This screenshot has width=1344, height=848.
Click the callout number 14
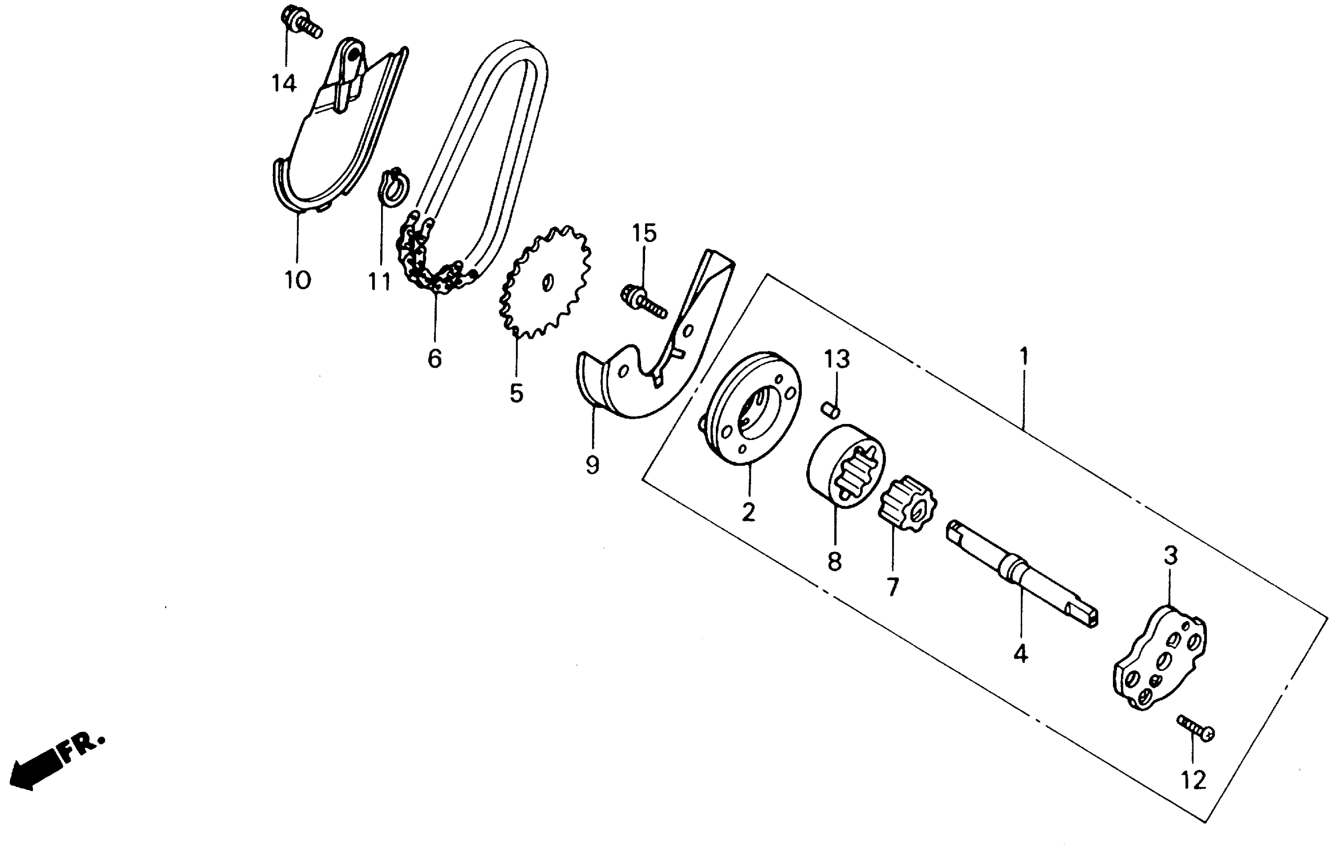point(283,84)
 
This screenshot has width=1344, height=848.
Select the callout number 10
point(297,279)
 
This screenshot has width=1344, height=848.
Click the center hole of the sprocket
point(548,283)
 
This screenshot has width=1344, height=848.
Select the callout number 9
point(592,464)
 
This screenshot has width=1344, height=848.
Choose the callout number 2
point(748,512)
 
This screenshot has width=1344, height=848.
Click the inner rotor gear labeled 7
point(907,504)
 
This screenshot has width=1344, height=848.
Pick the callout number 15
point(644,233)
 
